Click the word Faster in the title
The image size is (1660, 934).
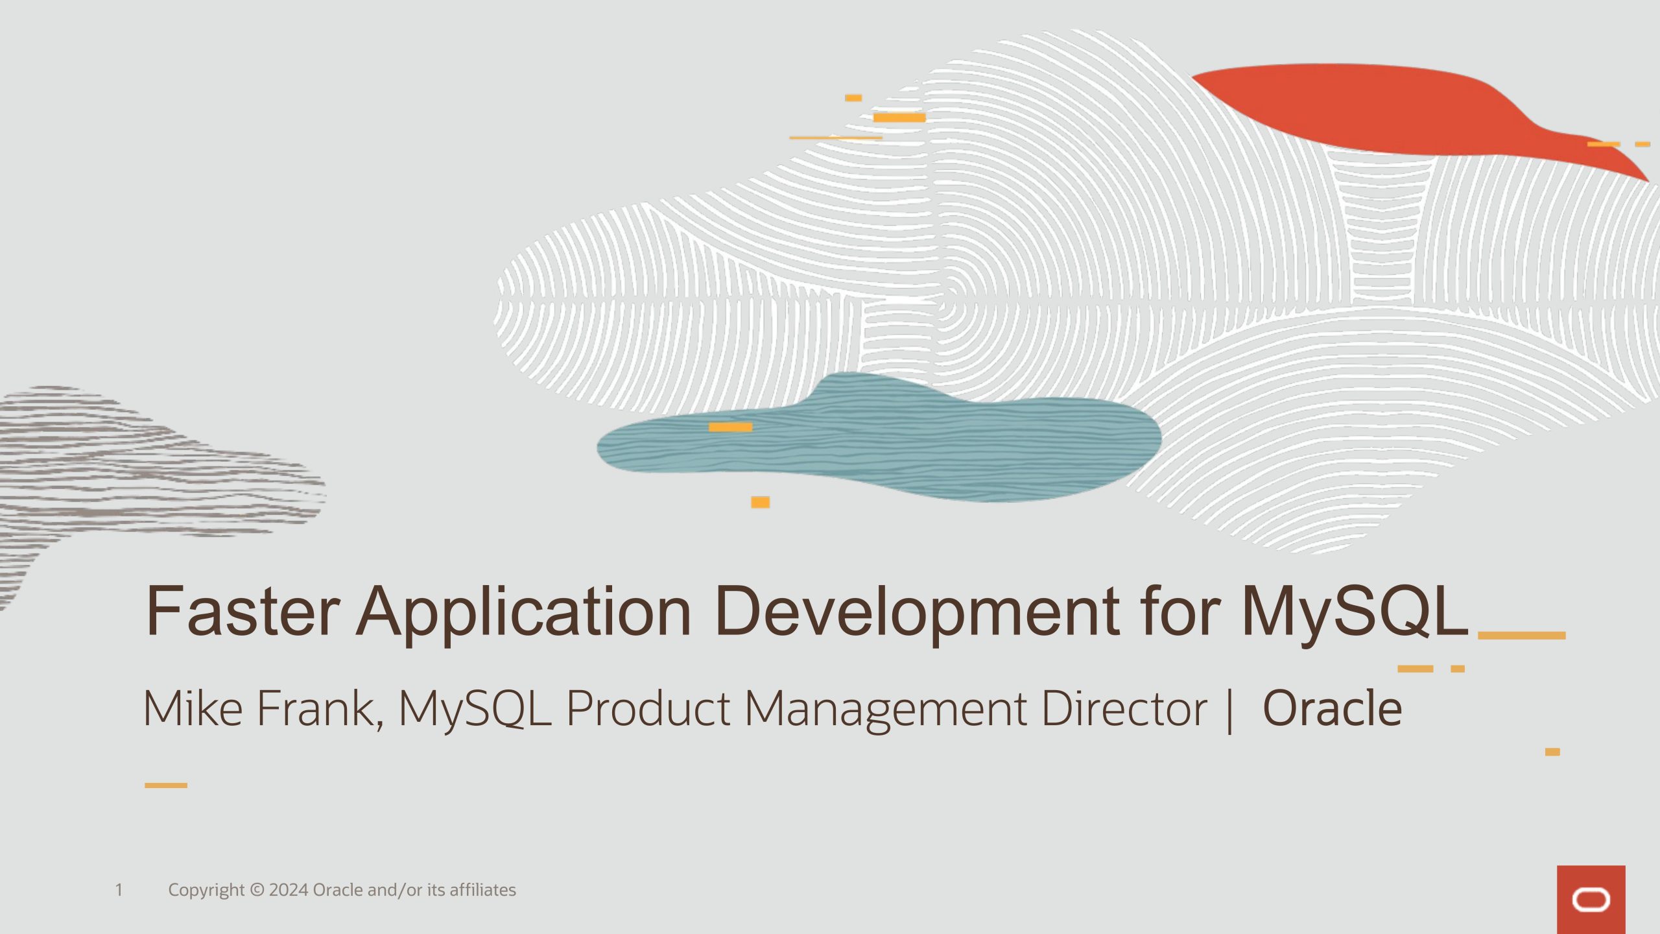click(243, 610)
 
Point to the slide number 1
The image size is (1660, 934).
click(119, 890)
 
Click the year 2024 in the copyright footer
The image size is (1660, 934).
click(289, 890)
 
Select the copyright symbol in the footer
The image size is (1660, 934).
click(257, 890)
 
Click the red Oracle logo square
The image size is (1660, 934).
click(1591, 900)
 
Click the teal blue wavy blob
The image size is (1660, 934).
click(879, 438)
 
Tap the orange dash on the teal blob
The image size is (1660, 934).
click(730, 427)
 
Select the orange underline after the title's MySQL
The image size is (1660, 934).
click(1522, 636)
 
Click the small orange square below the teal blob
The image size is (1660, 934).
click(760, 502)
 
